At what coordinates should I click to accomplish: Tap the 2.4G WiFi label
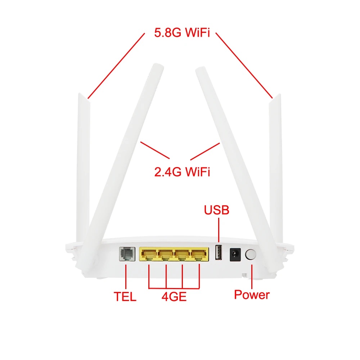pos(182,172)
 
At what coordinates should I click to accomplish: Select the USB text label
pos(217,210)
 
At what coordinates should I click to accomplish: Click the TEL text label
pos(125,297)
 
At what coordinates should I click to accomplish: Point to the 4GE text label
pos(174,297)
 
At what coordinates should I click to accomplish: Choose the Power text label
pos(252,295)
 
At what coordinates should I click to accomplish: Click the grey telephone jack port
pos(127,254)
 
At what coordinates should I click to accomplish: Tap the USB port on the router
pos(218,252)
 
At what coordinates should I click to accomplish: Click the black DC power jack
pos(235,254)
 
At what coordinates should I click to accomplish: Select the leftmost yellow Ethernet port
pos(148,255)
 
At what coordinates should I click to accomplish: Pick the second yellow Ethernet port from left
pos(166,255)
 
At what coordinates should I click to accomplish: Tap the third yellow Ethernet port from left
pos(183,255)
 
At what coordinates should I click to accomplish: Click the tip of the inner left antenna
pos(157,67)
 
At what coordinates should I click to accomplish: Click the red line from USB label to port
pos(218,230)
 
